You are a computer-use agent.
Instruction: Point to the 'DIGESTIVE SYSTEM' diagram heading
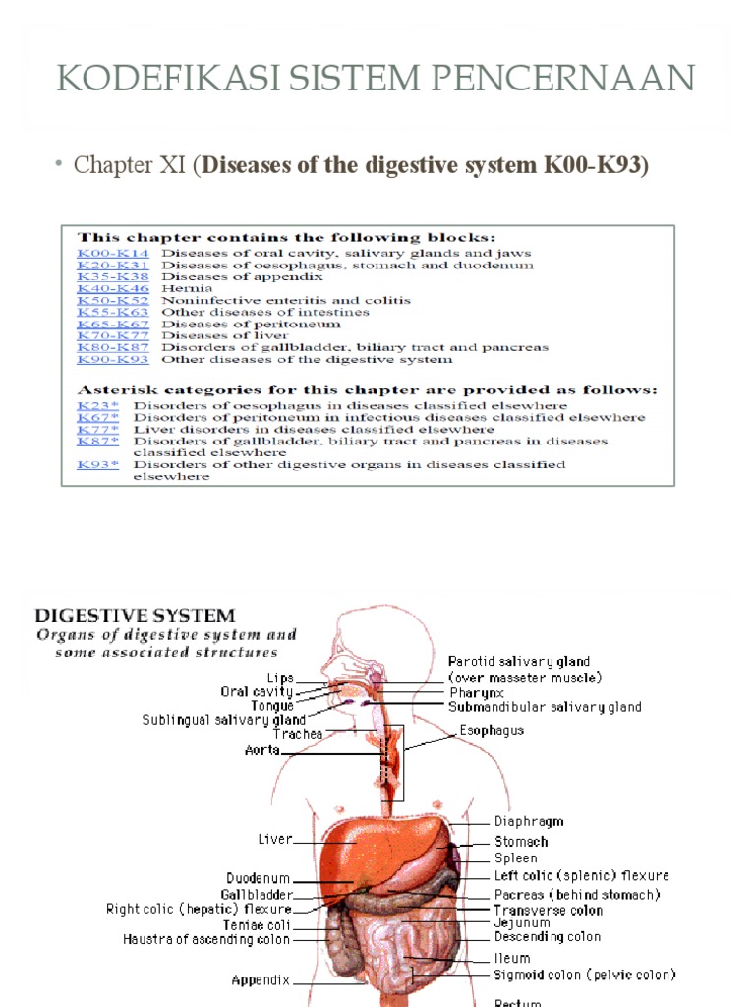click(x=136, y=617)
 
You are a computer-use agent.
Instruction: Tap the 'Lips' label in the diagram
click(x=280, y=678)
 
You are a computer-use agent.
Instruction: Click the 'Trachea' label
click(x=299, y=733)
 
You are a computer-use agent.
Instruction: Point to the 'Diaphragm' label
click(x=529, y=821)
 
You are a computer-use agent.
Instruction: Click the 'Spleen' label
click(x=516, y=859)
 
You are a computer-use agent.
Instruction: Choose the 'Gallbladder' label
click(x=257, y=894)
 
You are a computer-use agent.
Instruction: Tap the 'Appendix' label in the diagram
click(x=261, y=979)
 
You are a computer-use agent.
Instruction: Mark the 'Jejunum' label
click(x=521, y=923)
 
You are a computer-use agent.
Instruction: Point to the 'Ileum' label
click(x=511, y=958)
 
